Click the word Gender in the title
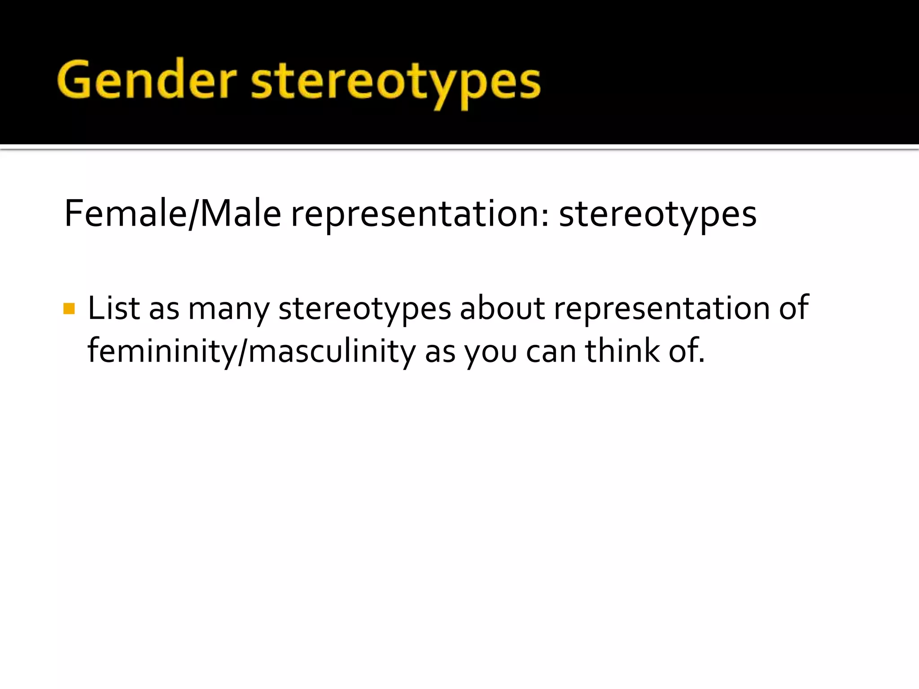coord(147,81)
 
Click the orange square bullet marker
coord(69,309)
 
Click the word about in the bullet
coord(502,308)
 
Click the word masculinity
coord(332,352)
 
